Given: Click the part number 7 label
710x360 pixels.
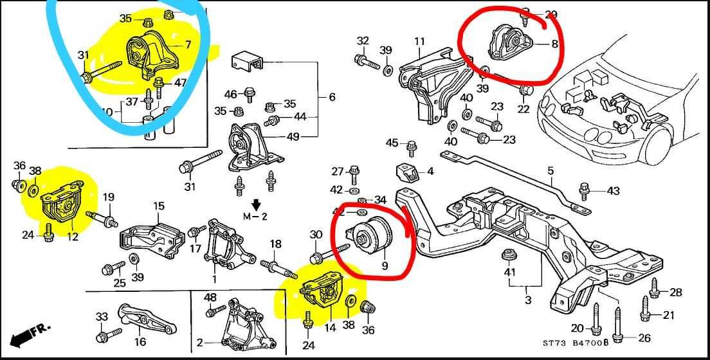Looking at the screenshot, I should [x=188, y=44].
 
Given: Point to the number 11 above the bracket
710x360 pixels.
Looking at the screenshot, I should [x=419, y=42].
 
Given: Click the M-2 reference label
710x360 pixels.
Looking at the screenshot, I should [x=255, y=216].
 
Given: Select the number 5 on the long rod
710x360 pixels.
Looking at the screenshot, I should [x=551, y=170].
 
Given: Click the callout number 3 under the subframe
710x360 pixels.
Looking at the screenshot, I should [x=528, y=300].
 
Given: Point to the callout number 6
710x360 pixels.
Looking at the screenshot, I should [x=332, y=97].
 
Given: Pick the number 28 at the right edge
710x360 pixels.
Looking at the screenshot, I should [x=675, y=292].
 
